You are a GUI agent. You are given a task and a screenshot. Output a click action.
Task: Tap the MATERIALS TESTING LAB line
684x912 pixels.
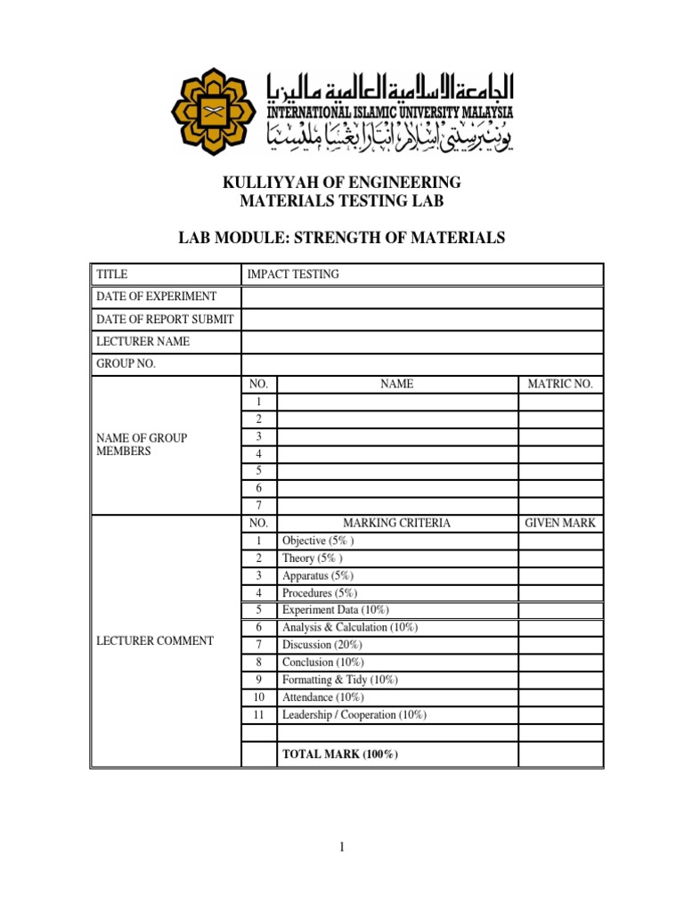tap(341, 202)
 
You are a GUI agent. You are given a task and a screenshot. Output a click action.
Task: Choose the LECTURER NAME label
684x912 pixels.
tap(143, 341)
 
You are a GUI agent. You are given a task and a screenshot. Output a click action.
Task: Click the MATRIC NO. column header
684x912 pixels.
tap(560, 384)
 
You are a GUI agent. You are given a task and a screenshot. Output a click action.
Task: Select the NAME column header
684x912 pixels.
tap(397, 384)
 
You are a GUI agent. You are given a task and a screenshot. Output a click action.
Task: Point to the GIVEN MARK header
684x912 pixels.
tap(560, 523)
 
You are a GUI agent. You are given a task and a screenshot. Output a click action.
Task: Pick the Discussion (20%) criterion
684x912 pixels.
tap(320, 645)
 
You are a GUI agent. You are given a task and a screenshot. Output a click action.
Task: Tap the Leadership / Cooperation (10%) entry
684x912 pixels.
tap(354, 714)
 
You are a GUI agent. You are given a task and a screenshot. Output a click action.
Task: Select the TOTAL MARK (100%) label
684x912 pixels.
tap(339, 754)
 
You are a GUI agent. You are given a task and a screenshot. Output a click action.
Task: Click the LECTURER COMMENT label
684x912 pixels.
tap(155, 640)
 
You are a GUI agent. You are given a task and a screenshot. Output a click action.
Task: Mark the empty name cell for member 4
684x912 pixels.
tap(397, 453)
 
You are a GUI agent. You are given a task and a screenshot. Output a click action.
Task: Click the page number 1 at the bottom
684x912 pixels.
tap(341, 847)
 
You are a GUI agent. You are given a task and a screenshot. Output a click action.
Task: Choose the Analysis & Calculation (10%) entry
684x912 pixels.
tap(349, 627)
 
